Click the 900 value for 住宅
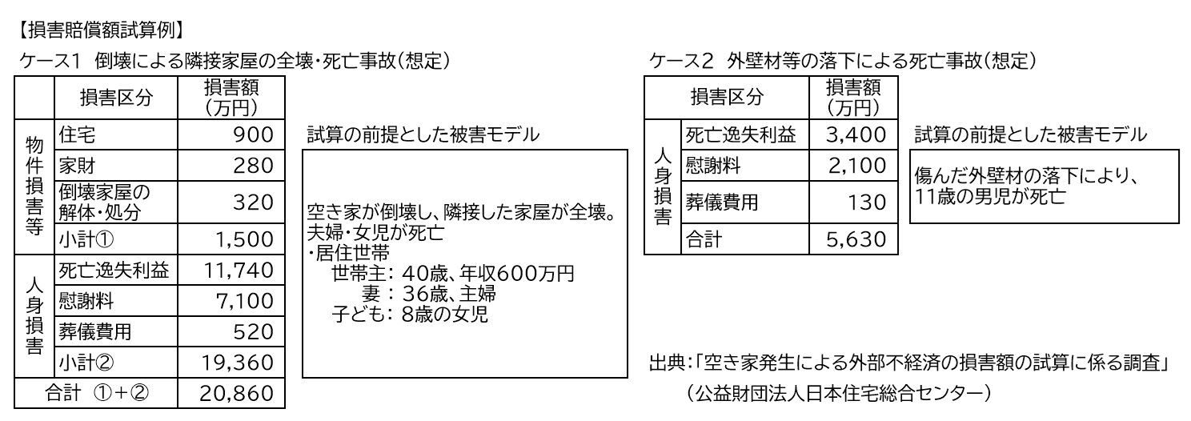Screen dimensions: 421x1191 [x=253, y=136]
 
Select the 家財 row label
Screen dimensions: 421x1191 [x=74, y=166]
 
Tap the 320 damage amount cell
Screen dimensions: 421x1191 [x=254, y=202]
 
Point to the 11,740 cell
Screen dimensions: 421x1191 [x=237, y=271]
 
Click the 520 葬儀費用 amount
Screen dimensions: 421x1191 [x=254, y=331]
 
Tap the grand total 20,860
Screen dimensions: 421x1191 [x=237, y=394]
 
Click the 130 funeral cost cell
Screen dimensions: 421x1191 [x=865, y=202]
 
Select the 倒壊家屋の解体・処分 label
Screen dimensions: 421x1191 [x=104, y=202]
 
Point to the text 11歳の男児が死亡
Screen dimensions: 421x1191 [x=991, y=196]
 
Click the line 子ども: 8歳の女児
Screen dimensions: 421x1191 [x=410, y=314]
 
